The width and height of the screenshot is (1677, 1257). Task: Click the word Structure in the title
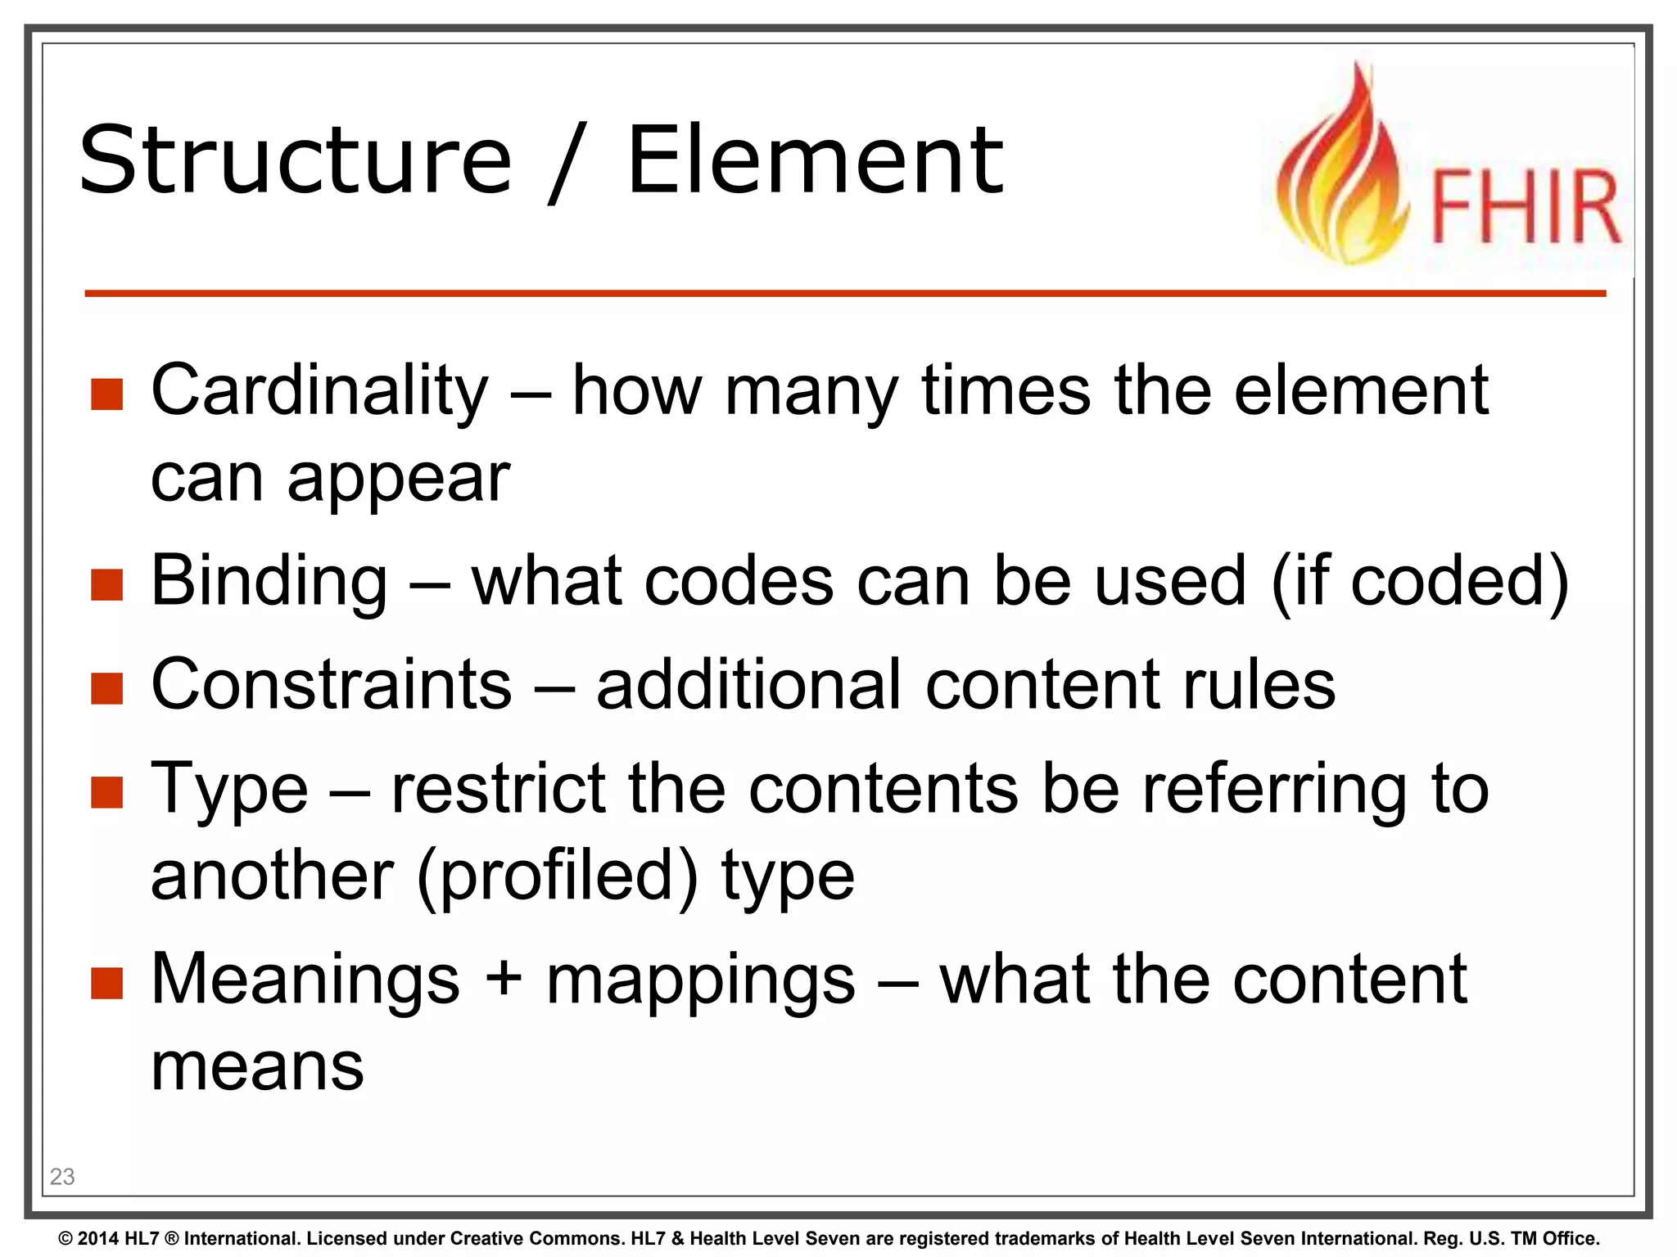295,160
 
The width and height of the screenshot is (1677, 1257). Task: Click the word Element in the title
814,160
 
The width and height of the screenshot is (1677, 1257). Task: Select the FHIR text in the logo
1524,206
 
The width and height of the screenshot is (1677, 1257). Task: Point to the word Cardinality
319,390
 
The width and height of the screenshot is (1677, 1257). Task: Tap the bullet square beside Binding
107,584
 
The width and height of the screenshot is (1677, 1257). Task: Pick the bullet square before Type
107,792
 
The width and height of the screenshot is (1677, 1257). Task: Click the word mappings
701,982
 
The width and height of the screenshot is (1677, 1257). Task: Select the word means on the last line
257,1067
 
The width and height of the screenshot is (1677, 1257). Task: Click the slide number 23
62,1176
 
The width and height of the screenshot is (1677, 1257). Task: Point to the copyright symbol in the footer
66,1238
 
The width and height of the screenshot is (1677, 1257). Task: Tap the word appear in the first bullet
398,480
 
